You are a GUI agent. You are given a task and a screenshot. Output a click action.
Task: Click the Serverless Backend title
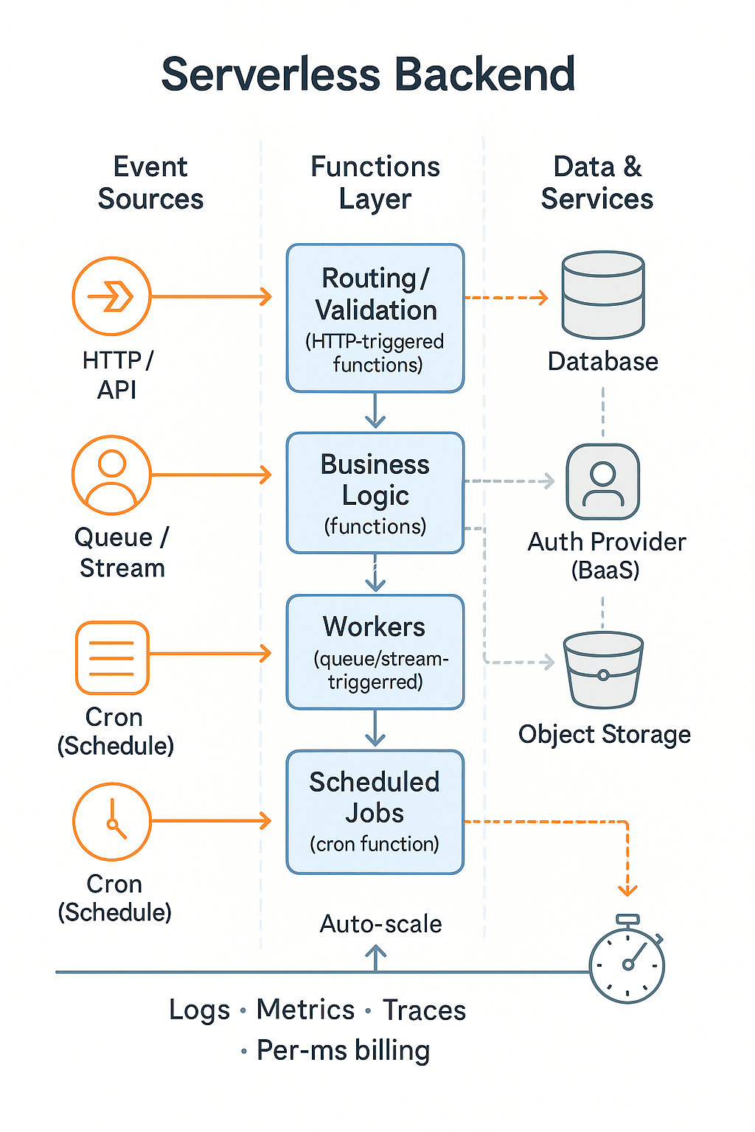tap(368, 74)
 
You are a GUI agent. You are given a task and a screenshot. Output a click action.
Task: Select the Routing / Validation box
tap(375, 318)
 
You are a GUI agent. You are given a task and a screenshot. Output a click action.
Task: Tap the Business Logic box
tap(375, 492)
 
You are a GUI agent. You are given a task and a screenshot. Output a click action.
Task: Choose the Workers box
tap(375, 652)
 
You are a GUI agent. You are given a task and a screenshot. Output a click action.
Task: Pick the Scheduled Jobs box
tap(375, 812)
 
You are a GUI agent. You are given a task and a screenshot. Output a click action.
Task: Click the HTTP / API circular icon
tap(111, 296)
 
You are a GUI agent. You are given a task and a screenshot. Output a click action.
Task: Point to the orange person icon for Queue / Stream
tap(111, 475)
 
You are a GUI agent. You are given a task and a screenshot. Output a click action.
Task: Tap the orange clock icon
tap(111, 821)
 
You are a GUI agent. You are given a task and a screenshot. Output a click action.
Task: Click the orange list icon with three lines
tap(112, 657)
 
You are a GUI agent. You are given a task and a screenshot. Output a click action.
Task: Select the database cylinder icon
tap(603, 295)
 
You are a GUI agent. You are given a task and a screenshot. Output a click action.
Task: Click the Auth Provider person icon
tap(603, 482)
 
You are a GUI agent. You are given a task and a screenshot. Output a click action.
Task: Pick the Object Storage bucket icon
tap(603, 669)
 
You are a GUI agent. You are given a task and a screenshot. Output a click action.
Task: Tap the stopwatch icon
tap(627, 960)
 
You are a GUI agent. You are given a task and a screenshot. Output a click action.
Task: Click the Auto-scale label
tap(380, 924)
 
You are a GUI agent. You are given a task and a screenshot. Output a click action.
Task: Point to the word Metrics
tap(305, 1010)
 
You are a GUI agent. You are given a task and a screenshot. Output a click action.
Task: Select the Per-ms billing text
tap(343, 1050)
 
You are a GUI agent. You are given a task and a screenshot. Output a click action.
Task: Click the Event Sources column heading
tap(150, 183)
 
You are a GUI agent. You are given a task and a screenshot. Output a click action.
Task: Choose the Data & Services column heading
tap(597, 183)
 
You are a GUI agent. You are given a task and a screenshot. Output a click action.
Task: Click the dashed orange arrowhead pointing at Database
tap(543, 298)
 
